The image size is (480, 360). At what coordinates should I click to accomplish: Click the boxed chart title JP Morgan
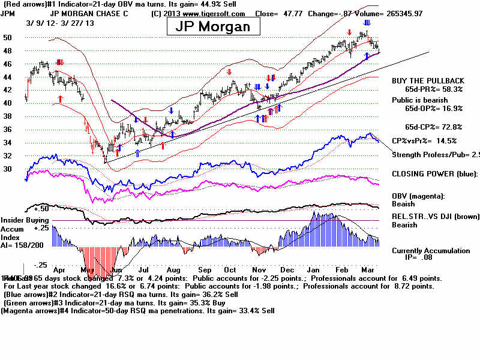pyautogui.click(x=213, y=27)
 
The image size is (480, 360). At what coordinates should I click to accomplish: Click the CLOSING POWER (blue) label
pyautogui.click(x=432, y=174)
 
